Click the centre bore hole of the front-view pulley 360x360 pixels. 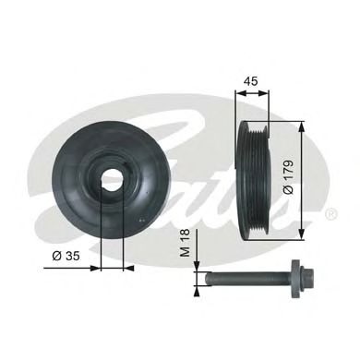pos(110,177)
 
